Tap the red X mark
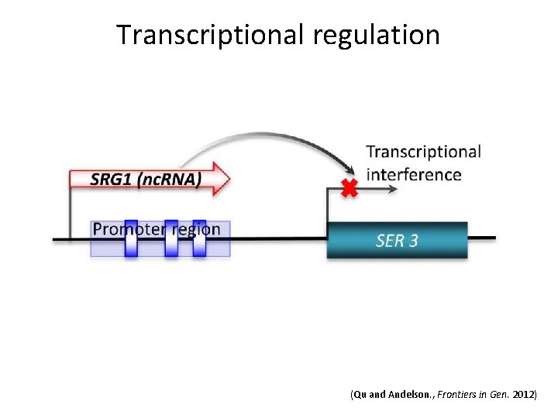350,188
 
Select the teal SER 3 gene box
397,240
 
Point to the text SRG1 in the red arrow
111,180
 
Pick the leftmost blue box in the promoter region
131,238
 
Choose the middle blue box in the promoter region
171,238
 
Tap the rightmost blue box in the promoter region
199,238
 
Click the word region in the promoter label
197,228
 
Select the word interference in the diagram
414,175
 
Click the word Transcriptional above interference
423,152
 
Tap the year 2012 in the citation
523,395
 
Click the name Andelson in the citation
408,395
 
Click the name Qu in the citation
360,395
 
